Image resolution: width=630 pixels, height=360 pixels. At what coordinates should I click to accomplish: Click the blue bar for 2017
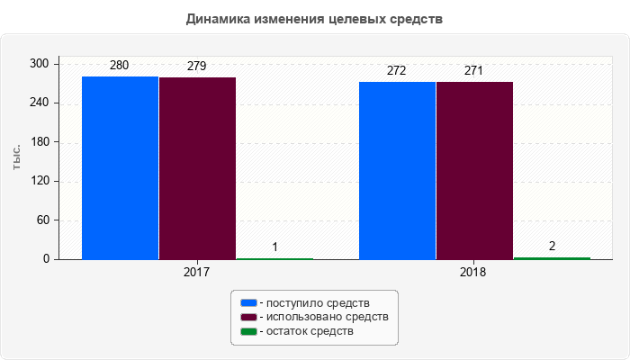pyautogui.click(x=120, y=167)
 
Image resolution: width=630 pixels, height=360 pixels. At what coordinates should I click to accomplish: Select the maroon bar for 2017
pyautogui.click(x=197, y=168)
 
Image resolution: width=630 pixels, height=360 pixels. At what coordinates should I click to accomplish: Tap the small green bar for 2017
pyautogui.click(x=274, y=258)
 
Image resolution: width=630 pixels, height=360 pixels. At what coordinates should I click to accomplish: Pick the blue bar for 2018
pyautogui.click(x=397, y=170)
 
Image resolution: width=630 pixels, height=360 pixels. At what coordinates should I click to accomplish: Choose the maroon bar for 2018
pyautogui.click(x=474, y=170)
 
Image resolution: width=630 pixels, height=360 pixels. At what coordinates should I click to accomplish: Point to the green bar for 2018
pyautogui.click(x=552, y=257)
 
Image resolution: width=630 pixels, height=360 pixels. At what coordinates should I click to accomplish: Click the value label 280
pyautogui.click(x=120, y=66)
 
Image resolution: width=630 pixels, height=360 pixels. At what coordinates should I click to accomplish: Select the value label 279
pyautogui.click(x=197, y=66)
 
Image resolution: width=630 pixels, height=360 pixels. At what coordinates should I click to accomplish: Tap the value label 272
pyautogui.click(x=397, y=71)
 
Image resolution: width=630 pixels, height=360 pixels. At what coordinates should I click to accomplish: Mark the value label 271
pyautogui.click(x=474, y=71)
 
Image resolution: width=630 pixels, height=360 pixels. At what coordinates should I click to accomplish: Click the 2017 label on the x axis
pyautogui.click(x=197, y=270)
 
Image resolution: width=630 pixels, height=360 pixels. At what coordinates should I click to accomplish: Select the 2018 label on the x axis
pyautogui.click(x=474, y=270)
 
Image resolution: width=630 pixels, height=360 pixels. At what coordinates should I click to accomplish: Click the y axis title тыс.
pyautogui.click(x=17, y=155)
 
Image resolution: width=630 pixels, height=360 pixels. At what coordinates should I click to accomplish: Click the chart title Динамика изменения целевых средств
pyautogui.click(x=314, y=19)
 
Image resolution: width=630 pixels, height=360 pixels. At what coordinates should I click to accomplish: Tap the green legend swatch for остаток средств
pyautogui.click(x=248, y=332)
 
